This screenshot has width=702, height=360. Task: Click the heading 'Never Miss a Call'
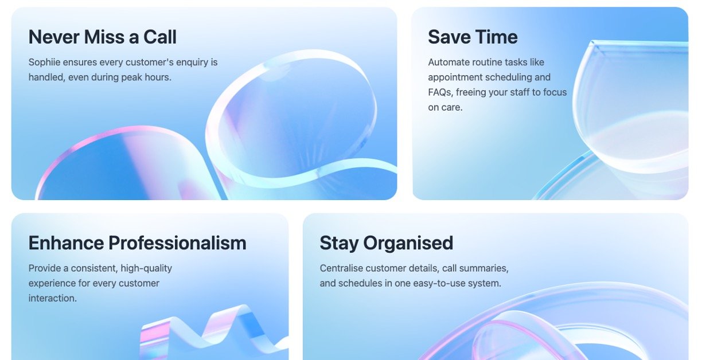click(103, 37)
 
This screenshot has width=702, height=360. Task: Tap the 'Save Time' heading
click(473, 37)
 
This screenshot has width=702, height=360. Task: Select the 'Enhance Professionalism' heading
click(137, 243)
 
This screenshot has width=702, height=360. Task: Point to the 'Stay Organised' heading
click(386, 244)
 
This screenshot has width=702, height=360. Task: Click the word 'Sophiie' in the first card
click(44, 62)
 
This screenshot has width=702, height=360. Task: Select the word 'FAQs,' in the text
click(440, 92)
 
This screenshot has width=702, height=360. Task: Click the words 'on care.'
click(445, 107)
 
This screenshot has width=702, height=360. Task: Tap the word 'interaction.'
click(52, 298)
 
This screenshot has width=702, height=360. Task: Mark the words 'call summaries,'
click(475, 268)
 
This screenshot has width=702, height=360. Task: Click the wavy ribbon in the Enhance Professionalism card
click(214, 332)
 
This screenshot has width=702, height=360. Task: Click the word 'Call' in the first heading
click(160, 37)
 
